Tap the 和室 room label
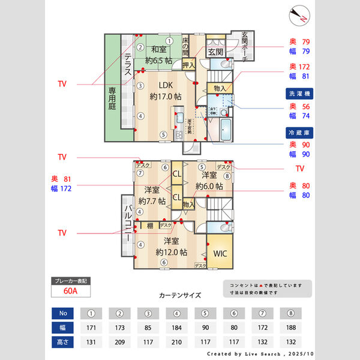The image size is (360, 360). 158,50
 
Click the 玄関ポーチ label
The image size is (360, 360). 248,43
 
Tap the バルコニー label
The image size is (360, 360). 128,224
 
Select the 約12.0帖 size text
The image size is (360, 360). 171,252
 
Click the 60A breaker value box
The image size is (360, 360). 70,292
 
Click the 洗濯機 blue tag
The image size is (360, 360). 299,94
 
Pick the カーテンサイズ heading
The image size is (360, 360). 180,296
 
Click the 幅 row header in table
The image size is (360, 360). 63,328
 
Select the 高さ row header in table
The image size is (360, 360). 63,343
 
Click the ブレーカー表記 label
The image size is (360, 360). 70,281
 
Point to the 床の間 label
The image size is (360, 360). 185,44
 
